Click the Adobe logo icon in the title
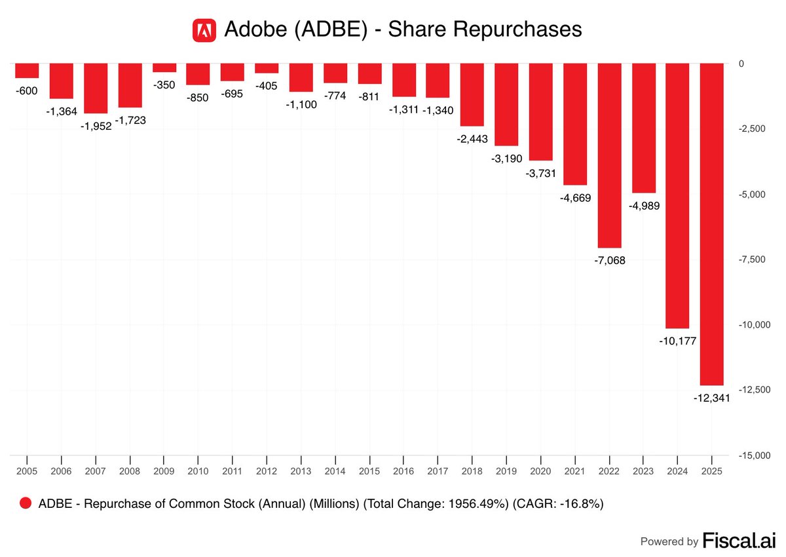(204, 29)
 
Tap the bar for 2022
(609, 155)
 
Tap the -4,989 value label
(643, 206)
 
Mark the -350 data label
(164, 85)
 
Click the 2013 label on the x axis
(301, 471)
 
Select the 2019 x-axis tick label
(506, 471)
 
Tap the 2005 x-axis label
(27, 471)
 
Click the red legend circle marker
(26, 503)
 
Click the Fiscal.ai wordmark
(738, 541)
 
